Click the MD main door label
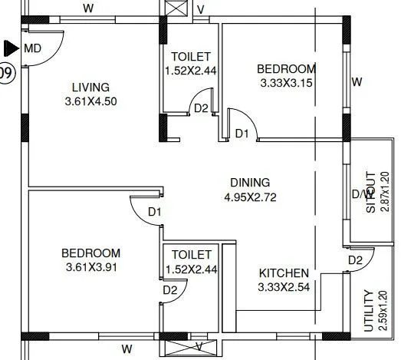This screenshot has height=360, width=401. [32, 48]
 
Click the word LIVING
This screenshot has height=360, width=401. [90, 87]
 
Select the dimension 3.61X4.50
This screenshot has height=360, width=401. [91, 100]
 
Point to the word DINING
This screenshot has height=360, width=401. [250, 183]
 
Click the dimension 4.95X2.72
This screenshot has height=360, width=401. [250, 197]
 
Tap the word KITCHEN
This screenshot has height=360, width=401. [284, 273]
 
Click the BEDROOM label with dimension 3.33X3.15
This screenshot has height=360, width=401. [286, 69]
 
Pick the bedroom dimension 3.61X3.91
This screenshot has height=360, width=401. [91, 267]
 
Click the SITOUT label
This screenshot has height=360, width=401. [370, 192]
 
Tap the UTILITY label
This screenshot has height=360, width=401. [369, 311]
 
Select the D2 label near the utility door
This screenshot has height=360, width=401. [354, 260]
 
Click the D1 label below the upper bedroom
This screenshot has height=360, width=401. [242, 134]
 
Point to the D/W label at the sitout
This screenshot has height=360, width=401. [359, 194]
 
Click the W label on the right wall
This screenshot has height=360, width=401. [356, 81]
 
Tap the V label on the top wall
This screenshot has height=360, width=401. [200, 9]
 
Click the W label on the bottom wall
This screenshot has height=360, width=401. [127, 349]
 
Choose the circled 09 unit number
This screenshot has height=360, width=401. [6, 74]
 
